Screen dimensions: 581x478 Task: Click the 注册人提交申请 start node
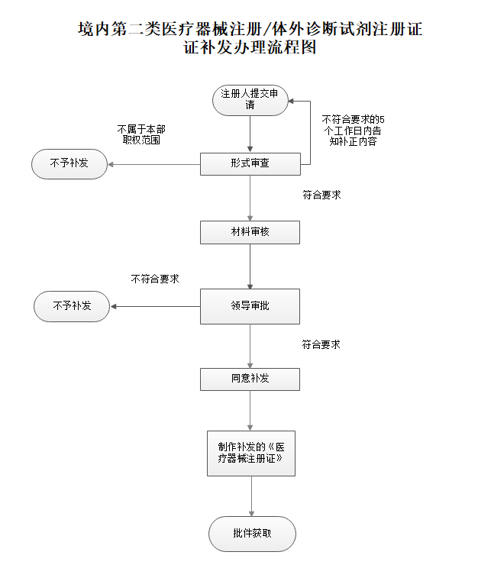pos(250,100)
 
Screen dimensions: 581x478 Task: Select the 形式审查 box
pos(250,164)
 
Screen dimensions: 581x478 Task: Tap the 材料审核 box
pos(250,232)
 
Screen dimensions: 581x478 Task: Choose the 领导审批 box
pos(250,306)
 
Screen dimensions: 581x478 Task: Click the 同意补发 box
pos(250,379)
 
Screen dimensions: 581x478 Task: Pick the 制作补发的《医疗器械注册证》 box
pos(250,453)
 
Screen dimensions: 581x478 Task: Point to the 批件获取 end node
pos(252,533)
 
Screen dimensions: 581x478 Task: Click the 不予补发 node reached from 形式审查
pos(69,163)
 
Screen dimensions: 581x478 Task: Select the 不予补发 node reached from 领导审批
pos(72,306)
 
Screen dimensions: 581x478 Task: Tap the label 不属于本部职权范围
pos(142,134)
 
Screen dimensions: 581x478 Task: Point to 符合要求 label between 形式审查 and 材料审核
pos(321,195)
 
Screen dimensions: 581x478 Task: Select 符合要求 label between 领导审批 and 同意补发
pos(321,344)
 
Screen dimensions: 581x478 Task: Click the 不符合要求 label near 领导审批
pos(155,279)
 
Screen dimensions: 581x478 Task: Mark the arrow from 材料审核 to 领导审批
pos(250,266)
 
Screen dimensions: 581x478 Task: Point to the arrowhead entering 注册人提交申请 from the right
pos(292,101)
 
